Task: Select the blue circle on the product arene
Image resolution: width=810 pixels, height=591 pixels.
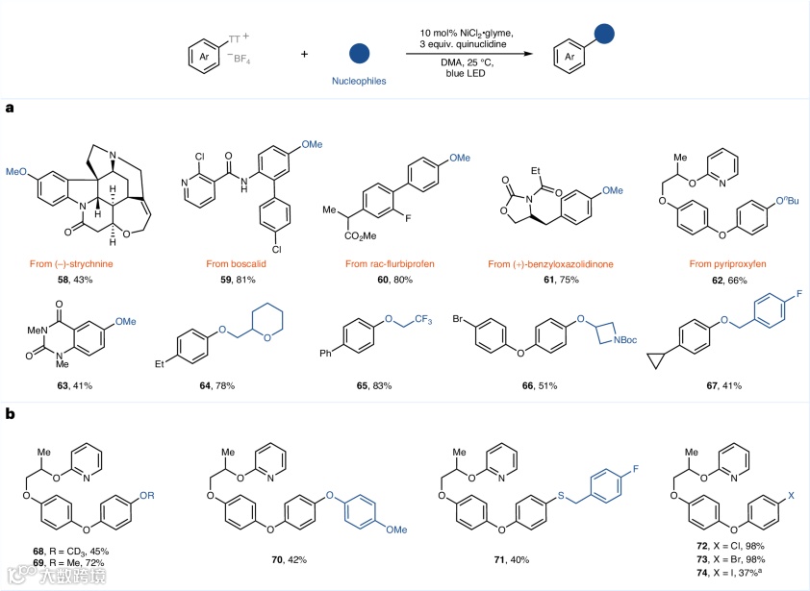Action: (605, 35)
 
